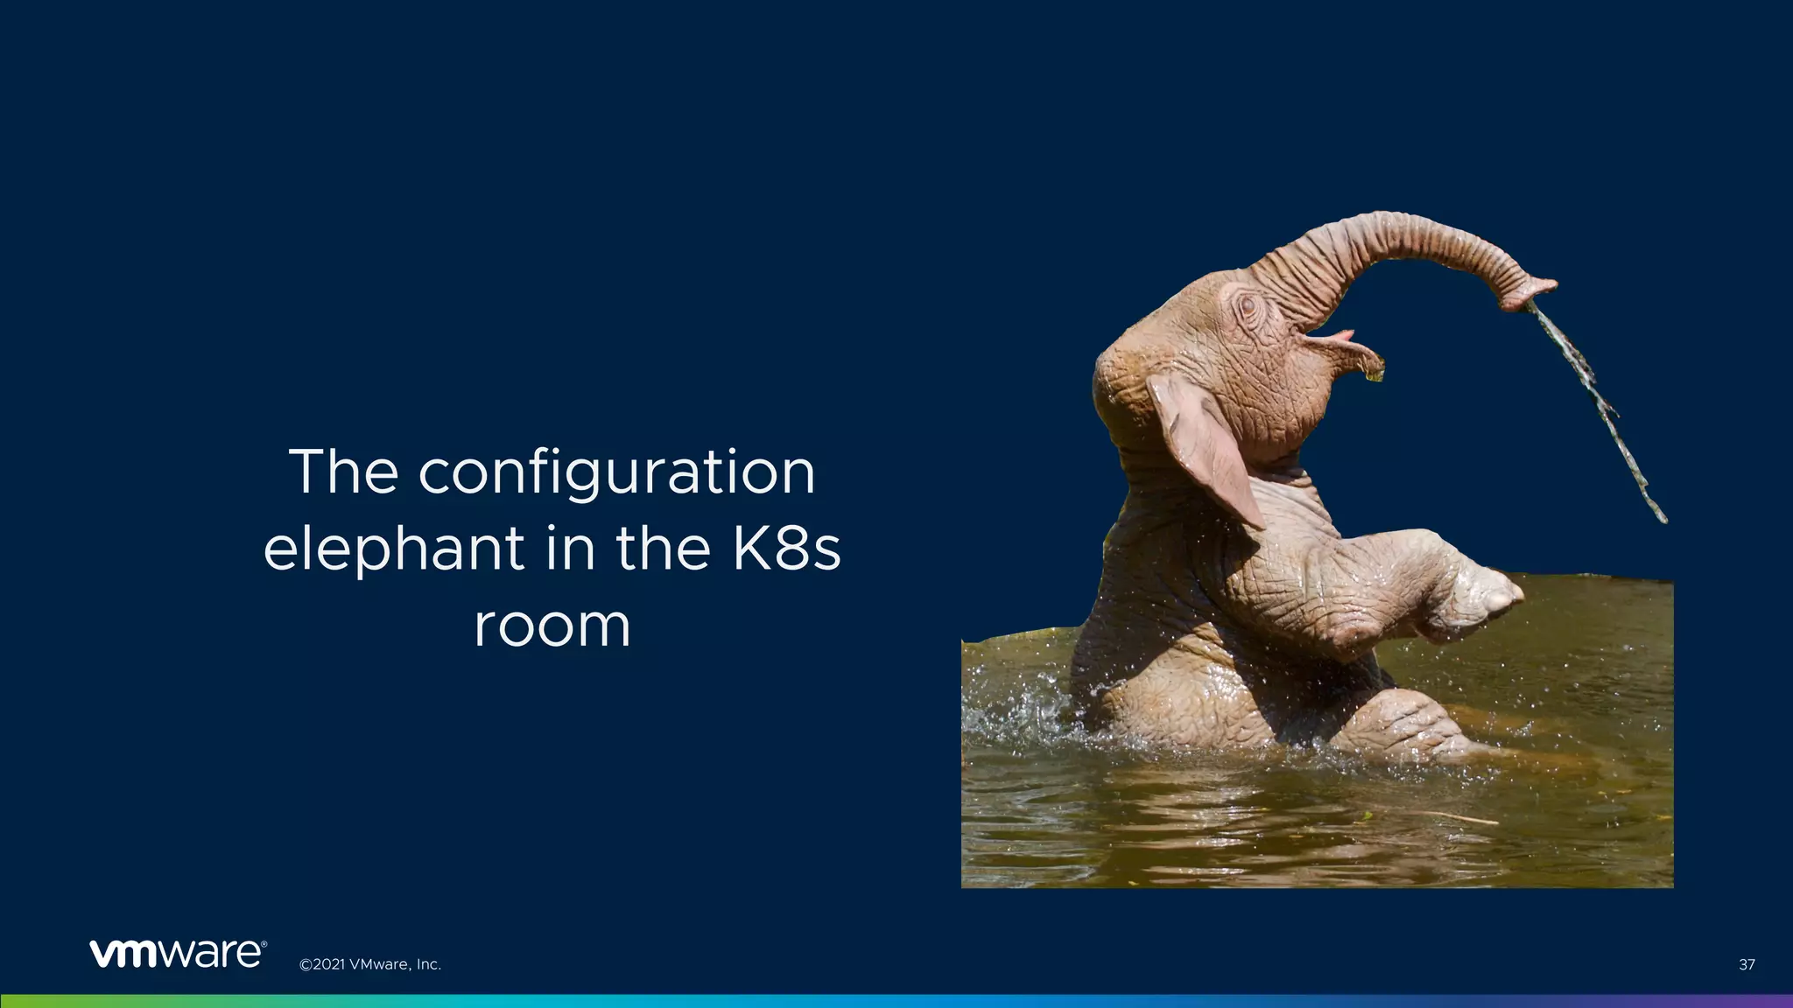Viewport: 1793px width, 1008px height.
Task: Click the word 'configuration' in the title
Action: [616, 474]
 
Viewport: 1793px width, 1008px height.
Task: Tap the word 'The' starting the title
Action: [343, 472]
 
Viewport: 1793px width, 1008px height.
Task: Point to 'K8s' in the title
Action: [784, 549]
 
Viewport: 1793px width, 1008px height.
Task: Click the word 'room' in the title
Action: [552, 626]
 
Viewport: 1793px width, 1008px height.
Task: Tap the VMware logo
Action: [175, 955]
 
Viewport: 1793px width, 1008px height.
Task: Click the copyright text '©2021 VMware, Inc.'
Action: [369, 965]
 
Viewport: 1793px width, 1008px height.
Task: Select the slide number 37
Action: [1746, 965]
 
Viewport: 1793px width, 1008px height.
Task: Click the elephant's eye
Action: [1247, 306]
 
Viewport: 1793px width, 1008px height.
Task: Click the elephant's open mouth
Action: [1322, 337]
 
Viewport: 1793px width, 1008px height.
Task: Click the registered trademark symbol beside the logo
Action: [264, 944]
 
